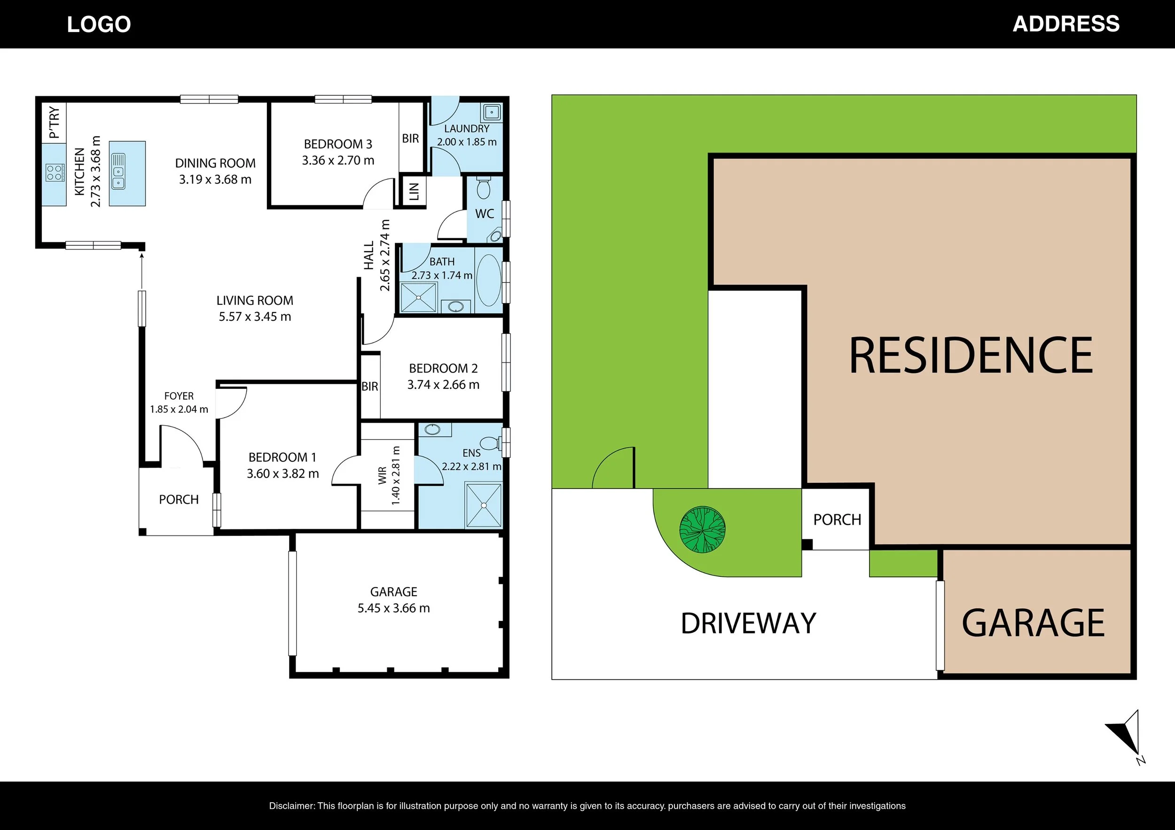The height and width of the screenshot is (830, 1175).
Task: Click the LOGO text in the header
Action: click(x=99, y=24)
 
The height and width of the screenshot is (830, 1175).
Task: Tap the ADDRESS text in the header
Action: click(x=1066, y=24)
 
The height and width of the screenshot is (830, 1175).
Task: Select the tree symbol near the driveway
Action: click(x=702, y=529)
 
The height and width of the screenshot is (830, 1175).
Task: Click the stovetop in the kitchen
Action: click(x=54, y=172)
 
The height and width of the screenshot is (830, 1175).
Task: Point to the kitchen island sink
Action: click(x=118, y=171)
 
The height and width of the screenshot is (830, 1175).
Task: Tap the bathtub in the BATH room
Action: click(x=489, y=280)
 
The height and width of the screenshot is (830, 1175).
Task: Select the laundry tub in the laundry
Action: click(x=492, y=111)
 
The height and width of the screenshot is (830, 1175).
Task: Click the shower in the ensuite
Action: click(x=483, y=505)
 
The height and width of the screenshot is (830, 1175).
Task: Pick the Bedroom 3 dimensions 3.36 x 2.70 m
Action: click(x=338, y=161)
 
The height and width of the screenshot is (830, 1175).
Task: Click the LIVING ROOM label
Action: click(x=255, y=300)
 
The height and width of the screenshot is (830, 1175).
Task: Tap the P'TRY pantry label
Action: click(x=54, y=123)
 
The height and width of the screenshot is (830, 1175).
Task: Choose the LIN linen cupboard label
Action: click(x=414, y=191)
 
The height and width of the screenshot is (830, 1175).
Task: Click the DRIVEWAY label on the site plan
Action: click(x=748, y=623)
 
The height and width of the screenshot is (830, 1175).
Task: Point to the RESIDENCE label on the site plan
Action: click(x=971, y=355)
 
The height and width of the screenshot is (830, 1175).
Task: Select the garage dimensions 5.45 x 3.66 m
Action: click(x=393, y=608)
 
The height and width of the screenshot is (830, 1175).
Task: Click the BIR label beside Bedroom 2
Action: click(x=369, y=387)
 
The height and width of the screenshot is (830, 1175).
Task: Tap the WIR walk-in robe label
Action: click(x=382, y=476)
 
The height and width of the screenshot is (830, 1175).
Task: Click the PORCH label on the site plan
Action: click(x=837, y=520)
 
